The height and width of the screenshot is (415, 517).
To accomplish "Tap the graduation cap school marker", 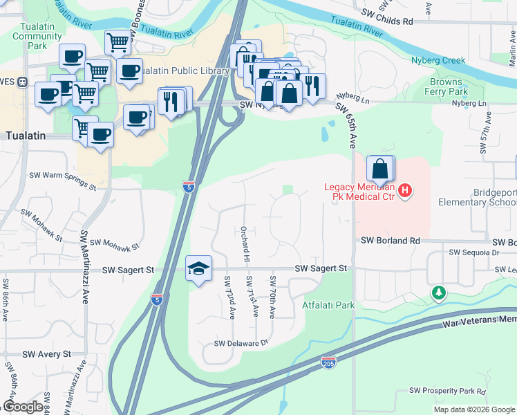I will click(198, 268).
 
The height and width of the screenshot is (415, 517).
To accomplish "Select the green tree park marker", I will click(438, 293).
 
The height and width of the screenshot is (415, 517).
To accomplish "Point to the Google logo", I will click(23, 407).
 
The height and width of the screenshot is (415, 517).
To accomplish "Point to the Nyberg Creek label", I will click(439, 60).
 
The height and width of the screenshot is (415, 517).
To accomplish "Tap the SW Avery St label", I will click(47, 353).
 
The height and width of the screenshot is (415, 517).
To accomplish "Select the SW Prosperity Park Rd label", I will click(448, 391).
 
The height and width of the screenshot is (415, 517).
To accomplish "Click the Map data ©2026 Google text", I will click(474, 409).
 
